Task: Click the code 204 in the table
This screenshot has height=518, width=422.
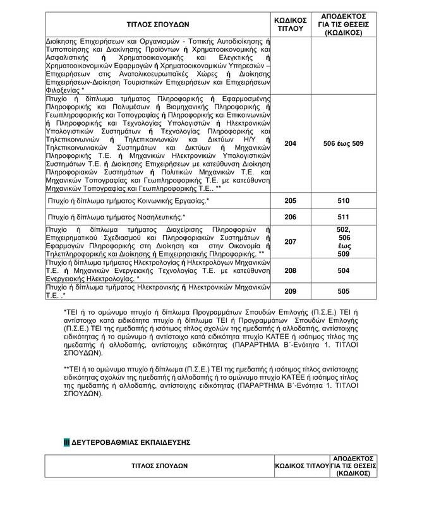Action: (290, 144)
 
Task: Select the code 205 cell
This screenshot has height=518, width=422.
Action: (290, 202)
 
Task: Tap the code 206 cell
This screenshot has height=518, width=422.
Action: (290, 217)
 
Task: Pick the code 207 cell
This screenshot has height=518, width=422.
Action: (290, 242)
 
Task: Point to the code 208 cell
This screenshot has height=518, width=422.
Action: (290, 270)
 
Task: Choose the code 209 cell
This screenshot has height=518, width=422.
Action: (290, 291)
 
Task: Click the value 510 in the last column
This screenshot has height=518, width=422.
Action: (343, 202)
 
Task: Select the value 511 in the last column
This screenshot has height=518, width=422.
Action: (343, 217)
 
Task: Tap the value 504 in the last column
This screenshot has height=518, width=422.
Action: (343, 270)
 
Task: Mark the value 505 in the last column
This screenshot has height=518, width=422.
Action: (343, 291)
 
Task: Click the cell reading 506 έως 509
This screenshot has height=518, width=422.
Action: (343, 144)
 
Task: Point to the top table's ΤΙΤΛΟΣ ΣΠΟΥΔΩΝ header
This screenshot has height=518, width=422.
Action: (158, 24)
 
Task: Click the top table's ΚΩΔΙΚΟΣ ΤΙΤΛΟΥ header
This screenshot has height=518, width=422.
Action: (290, 24)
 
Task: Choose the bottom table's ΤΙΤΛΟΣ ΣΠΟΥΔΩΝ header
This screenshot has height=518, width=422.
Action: (158, 466)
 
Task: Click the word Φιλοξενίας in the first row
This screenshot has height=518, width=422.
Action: (63, 90)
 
